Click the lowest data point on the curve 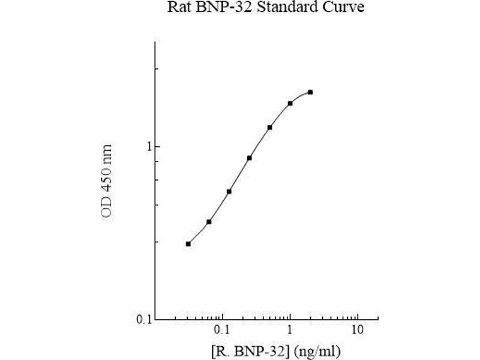click(188, 244)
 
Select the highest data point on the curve click(310, 92)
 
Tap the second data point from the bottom click(209, 222)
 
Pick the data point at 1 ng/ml click(290, 103)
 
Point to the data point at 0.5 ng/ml click(269, 127)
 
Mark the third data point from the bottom click(229, 191)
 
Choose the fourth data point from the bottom click(249, 158)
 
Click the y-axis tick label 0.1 click(140, 319)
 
